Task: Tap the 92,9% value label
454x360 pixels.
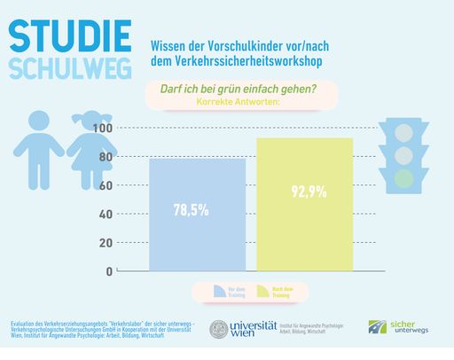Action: [x=304, y=191]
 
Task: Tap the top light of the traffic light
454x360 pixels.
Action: [x=403, y=131]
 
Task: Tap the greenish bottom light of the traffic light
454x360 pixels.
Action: [x=403, y=178]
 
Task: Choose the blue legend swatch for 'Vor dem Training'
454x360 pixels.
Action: [x=217, y=291]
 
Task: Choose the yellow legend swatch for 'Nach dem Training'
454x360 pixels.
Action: [x=262, y=291]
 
